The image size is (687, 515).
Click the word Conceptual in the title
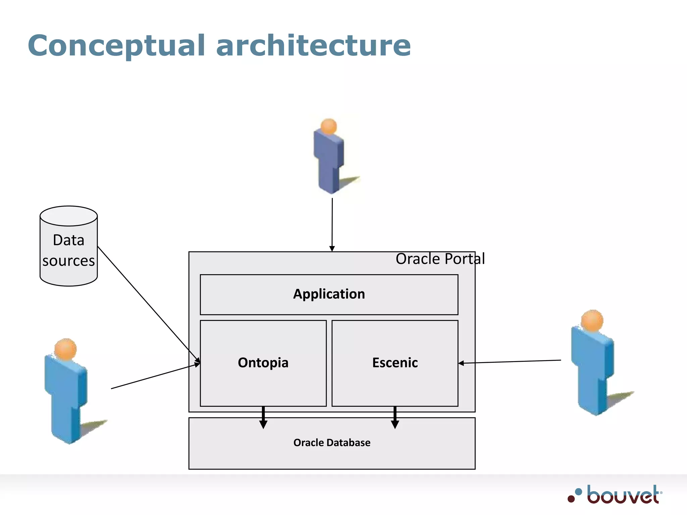(116, 46)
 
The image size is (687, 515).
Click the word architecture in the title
(313, 46)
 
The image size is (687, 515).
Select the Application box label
(329, 294)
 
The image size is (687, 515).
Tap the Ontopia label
(263, 363)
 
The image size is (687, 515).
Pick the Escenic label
(395, 363)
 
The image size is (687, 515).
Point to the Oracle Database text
(332, 443)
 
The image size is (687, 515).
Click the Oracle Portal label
(440, 259)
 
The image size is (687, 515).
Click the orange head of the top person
(328, 126)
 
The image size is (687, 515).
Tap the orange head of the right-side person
(592, 320)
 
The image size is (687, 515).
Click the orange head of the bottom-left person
(66, 349)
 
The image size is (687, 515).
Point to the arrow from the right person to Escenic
(510, 361)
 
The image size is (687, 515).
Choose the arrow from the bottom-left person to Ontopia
(154, 376)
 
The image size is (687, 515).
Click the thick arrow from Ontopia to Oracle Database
(263, 418)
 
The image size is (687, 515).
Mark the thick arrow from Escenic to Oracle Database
(395, 418)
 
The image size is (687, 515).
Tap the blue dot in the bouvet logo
(578, 492)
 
